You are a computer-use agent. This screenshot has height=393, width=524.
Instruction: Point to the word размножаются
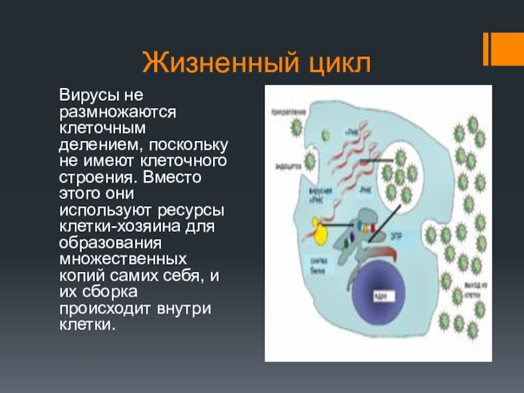tap(118, 112)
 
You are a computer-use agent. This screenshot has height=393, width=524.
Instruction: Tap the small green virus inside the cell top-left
tap(325, 136)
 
